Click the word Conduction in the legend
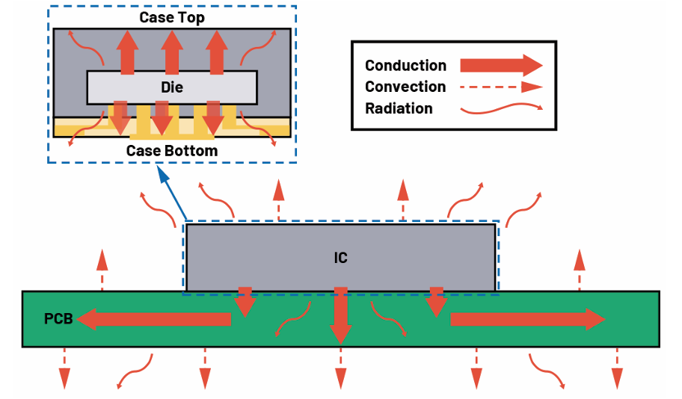[405, 66]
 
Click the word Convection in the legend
[405, 87]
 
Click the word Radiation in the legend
[399, 108]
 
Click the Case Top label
[172, 17]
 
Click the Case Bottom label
[172, 151]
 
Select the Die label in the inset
[172, 87]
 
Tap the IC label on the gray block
[341, 258]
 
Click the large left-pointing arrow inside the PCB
[154, 320]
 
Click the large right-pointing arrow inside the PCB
[527, 320]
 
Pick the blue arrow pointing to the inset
[170, 195]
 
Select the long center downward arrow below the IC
[341, 314]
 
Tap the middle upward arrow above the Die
[173, 52]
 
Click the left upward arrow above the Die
[128, 52]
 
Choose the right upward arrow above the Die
[218, 52]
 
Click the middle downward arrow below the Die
[163, 120]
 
